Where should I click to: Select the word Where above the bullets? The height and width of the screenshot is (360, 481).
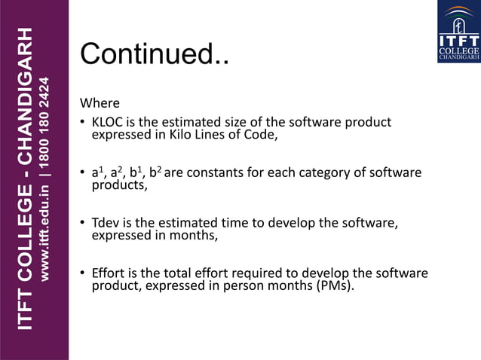coord(100,103)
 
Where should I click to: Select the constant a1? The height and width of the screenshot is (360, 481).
coord(97,173)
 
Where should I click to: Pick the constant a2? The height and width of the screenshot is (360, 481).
coord(116,173)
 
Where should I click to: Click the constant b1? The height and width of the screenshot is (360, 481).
coord(136,173)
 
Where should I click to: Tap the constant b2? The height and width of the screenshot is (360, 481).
coord(155,173)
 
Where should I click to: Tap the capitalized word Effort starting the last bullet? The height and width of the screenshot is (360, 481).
coord(108,273)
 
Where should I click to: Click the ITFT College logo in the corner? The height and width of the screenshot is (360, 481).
coord(458,32)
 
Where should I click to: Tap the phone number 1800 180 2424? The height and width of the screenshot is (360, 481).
coord(47,121)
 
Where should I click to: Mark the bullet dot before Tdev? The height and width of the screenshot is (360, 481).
coord(84,224)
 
